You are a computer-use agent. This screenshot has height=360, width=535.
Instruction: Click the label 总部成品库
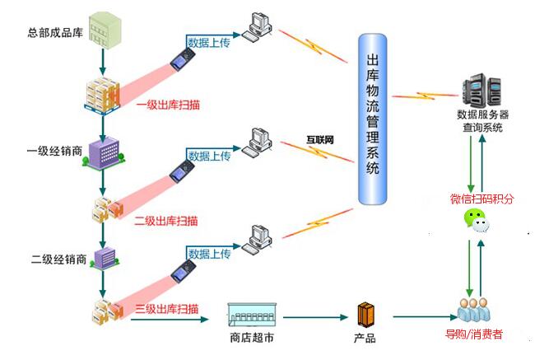tap(55, 33)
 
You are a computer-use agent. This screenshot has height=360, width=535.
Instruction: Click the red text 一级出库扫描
tap(170, 105)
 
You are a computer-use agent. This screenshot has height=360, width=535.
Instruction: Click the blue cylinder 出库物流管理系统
tap(374, 119)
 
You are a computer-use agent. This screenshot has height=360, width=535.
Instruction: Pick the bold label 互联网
tap(320, 139)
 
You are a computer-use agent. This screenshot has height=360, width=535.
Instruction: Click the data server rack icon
tap(481, 91)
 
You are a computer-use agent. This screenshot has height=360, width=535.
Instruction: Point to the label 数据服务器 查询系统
tap(482, 122)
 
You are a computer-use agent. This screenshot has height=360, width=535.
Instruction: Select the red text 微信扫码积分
tap(482, 199)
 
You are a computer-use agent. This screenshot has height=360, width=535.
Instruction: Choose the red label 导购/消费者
tap(474, 334)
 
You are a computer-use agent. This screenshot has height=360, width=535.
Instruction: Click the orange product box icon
tap(366, 314)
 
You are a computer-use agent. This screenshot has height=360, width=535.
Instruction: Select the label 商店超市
tap(251, 337)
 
